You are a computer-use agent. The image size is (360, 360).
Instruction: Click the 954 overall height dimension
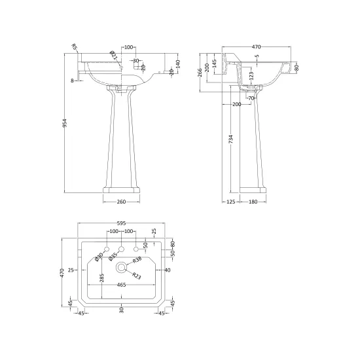point(65,123)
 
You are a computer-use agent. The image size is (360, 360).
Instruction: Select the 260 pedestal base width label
point(122,202)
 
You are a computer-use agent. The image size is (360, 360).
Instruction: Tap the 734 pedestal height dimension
point(231,139)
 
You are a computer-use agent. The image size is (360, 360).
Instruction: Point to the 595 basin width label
point(122,223)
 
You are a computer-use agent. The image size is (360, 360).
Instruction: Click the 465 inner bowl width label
point(122,285)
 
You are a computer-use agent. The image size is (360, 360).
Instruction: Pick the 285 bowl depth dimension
point(101,278)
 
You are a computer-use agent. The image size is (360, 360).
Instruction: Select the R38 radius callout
point(137,260)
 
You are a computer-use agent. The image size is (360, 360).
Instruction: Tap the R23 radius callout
point(137,276)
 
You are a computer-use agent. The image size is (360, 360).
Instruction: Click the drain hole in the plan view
point(121,267)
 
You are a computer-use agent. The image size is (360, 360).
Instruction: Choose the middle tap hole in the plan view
point(121,249)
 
